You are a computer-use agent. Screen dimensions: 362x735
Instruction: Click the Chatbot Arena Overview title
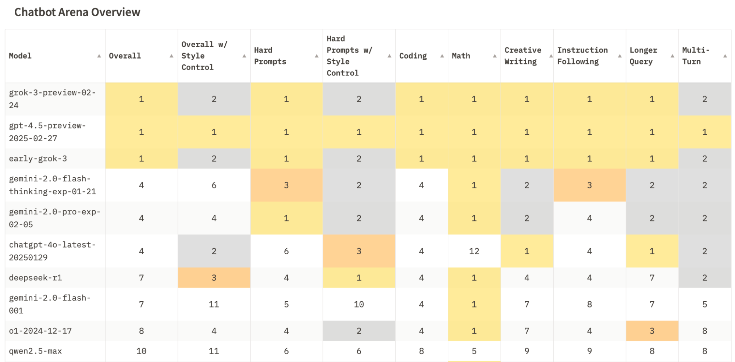[77, 12]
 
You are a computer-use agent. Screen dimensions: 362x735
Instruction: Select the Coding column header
[413, 56]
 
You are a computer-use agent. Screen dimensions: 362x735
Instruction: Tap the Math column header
[461, 56]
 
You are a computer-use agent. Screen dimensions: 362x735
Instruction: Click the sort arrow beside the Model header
[99, 56]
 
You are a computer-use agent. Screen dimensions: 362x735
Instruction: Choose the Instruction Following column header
[582, 56]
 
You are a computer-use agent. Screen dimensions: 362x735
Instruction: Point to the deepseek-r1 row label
[35, 278]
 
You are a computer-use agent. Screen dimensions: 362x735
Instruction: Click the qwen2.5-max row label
[35, 351]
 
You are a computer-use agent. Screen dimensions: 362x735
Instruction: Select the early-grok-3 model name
[38, 159]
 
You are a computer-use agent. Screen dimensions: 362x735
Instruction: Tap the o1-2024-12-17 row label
[40, 331]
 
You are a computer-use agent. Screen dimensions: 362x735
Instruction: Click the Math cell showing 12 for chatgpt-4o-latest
[474, 251]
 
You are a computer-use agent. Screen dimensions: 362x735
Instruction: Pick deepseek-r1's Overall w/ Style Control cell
[214, 278]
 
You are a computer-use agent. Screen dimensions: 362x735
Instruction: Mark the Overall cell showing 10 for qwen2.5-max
[141, 351]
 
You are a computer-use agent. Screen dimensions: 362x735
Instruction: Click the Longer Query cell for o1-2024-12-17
[652, 331]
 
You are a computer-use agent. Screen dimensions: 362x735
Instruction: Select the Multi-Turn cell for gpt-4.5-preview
[704, 132]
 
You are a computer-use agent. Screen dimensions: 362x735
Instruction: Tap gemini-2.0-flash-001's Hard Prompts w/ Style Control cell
[358, 304]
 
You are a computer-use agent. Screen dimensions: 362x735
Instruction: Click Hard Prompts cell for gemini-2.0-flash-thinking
[286, 185]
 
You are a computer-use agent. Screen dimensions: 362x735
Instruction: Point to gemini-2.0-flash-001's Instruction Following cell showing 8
[589, 304]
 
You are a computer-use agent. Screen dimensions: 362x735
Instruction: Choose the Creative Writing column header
[522, 56]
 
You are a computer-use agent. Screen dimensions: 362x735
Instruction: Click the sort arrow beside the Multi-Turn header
[725, 56]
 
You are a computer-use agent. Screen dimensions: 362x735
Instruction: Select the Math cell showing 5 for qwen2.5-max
[474, 351]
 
